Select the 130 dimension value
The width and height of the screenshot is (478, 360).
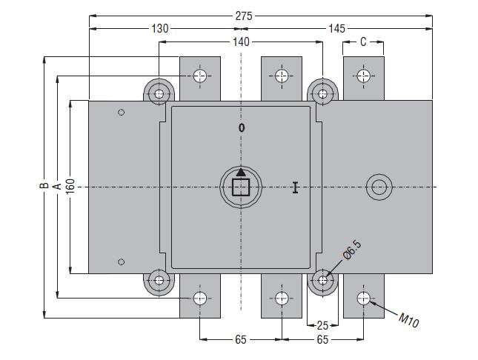click(160, 28)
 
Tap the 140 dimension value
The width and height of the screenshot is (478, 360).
click(241, 42)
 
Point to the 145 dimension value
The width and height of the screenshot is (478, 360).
click(336, 28)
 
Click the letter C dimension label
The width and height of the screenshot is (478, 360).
click(363, 42)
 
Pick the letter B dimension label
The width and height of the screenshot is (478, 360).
click(44, 187)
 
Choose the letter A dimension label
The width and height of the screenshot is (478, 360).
click(56, 187)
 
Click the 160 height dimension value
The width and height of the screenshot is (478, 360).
click(70, 187)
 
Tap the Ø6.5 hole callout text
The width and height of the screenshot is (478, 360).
click(351, 256)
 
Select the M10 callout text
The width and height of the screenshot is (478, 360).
click(409, 320)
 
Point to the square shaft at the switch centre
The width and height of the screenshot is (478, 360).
click(241, 187)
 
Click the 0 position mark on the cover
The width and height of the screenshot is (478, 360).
click(241, 128)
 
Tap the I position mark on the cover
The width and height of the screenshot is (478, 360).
click(295, 188)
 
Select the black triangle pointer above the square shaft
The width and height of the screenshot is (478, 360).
click(241, 173)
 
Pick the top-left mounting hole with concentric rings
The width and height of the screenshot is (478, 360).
click(159, 93)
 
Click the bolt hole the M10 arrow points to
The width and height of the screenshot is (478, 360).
click(363, 299)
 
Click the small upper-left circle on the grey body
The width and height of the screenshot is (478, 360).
click(122, 113)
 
